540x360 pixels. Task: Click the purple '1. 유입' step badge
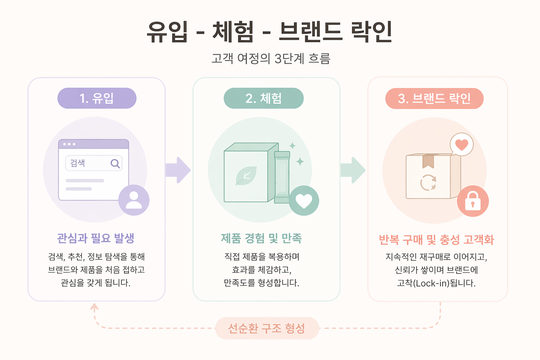tap(97, 98)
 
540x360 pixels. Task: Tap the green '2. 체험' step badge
tap(264, 98)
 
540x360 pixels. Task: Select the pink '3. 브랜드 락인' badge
tap(434, 98)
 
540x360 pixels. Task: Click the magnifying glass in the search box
tap(115, 163)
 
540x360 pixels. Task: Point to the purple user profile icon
tap(134, 200)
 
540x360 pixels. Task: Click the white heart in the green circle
tap(304, 200)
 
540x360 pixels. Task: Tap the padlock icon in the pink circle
tap(472, 201)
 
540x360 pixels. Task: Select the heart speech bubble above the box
tap(462, 144)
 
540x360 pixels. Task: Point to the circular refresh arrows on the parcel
tap(428, 182)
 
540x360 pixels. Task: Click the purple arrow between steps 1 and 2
tap(178, 170)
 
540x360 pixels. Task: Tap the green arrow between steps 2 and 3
tap(353, 170)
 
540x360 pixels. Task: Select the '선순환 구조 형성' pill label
tap(267, 328)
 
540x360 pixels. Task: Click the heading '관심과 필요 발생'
tap(96, 238)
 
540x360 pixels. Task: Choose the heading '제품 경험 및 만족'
tap(261, 238)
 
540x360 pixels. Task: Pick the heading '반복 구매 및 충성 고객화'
tap(436, 240)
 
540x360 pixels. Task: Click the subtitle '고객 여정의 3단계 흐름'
tap(271, 58)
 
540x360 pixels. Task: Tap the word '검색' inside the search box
tap(77, 163)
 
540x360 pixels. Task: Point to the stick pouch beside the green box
tap(282, 177)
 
